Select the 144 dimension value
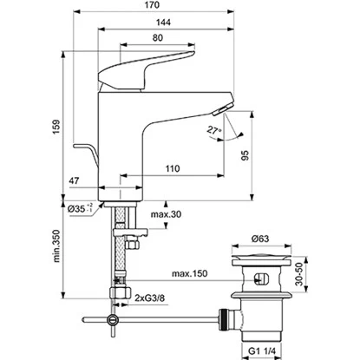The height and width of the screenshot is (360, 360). [x=163, y=23]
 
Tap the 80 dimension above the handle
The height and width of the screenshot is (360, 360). [x=157, y=38]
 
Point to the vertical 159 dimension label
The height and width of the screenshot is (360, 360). [x=56, y=127]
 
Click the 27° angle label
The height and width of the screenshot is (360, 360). [x=214, y=130]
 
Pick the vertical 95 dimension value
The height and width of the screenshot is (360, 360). [x=245, y=155]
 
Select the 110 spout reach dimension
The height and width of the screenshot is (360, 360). [x=173, y=168]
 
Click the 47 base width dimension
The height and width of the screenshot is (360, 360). [x=74, y=180]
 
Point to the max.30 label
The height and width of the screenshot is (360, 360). [x=166, y=214]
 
